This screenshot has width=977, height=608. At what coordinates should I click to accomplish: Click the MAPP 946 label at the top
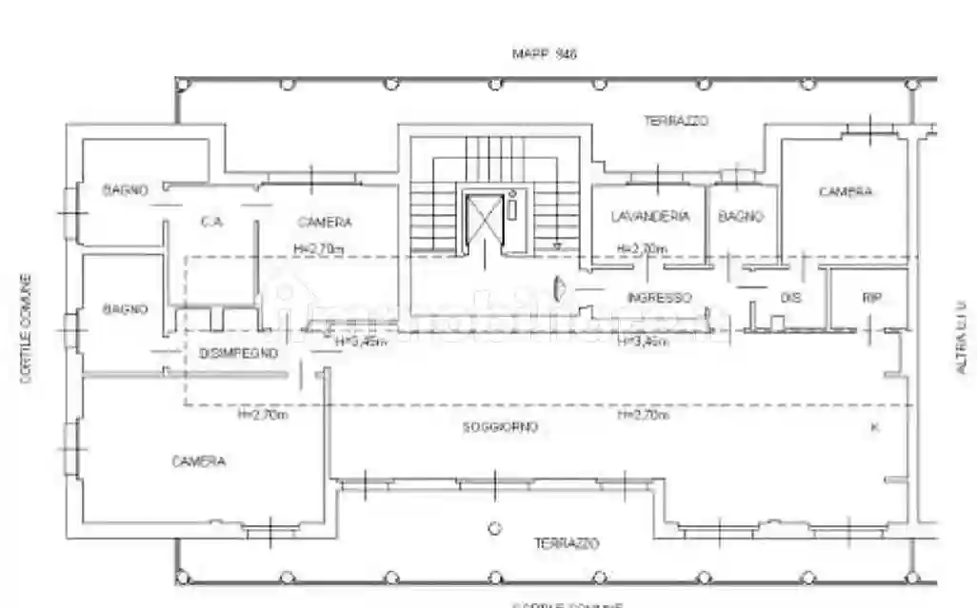point(544,54)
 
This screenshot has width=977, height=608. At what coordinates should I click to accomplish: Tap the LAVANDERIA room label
point(650,217)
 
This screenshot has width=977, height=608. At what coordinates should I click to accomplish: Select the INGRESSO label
point(658,298)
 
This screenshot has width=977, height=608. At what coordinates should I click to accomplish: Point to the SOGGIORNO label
point(501,427)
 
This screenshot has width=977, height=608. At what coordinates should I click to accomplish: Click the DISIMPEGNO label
point(238,353)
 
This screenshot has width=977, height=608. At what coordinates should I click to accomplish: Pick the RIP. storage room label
point(872,298)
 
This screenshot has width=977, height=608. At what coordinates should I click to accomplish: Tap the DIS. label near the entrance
point(790,298)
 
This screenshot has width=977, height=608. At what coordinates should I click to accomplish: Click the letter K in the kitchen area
point(874,428)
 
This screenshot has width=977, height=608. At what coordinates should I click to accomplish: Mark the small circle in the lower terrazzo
point(494,527)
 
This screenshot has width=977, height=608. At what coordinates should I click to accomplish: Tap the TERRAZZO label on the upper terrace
point(675,121)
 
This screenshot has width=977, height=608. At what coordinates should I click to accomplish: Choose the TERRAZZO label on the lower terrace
point(566,544)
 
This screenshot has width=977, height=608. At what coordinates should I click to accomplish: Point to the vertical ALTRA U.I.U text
point(960,336)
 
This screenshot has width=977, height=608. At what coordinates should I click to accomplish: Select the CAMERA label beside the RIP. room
point(846,192)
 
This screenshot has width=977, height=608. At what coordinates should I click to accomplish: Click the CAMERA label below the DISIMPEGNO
point(199,461)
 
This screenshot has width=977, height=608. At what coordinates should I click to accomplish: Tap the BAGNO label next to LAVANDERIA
point(741,217)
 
